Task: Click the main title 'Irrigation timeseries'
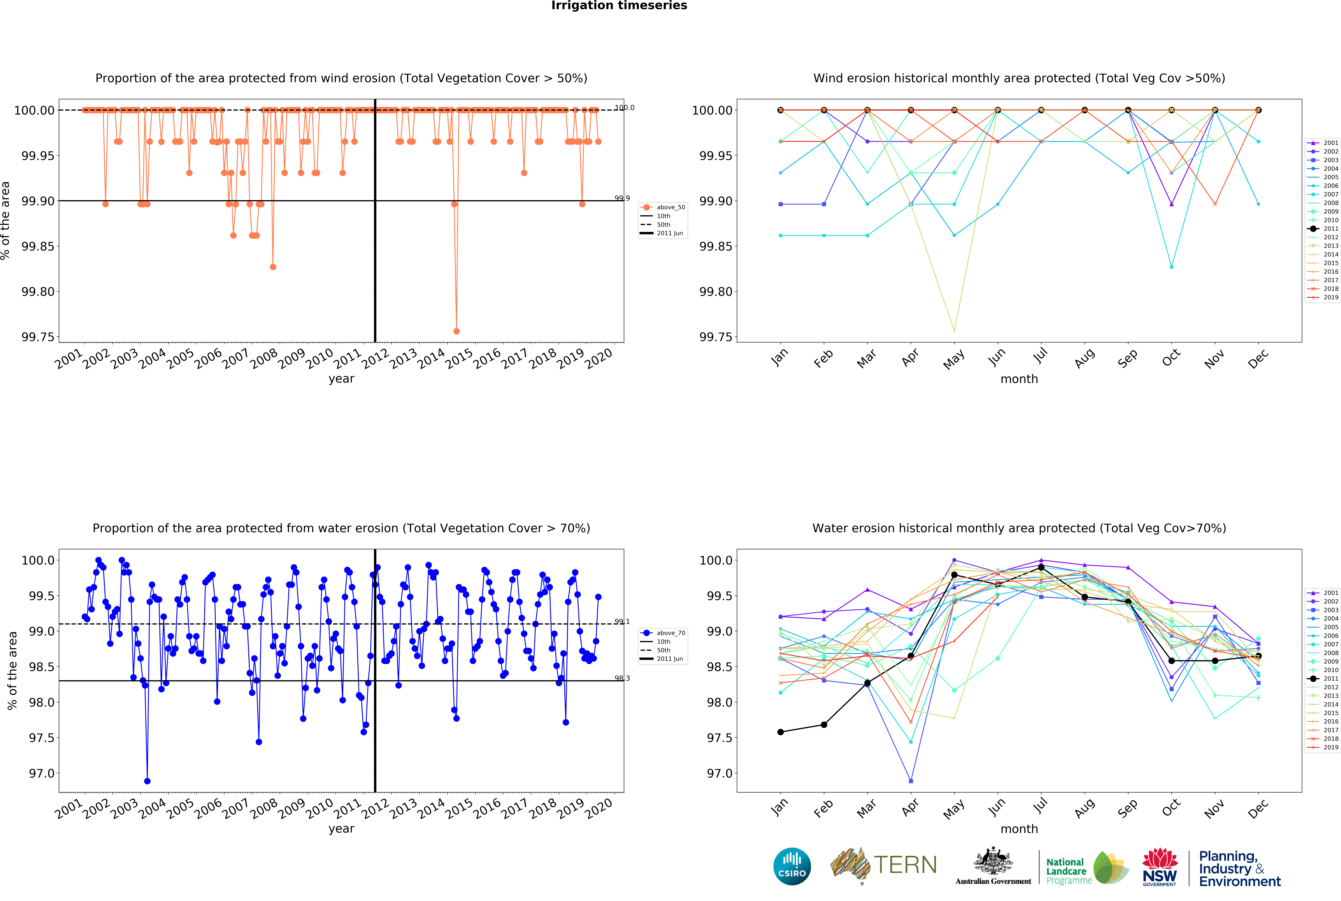(619, 6)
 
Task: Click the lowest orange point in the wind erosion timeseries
(456, 331)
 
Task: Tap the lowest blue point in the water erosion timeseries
(147, 781)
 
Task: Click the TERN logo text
(905, 865)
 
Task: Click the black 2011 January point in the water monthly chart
(780, 732)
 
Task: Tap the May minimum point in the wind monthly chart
(954, 331)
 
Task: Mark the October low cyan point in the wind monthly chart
(1172, 267)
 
